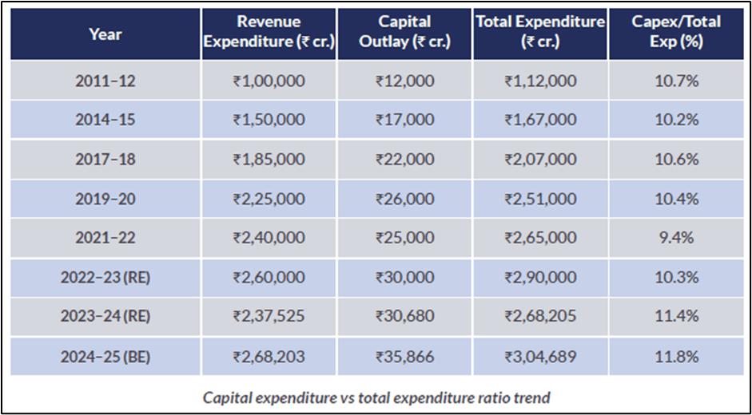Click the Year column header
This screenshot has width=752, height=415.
(105, 34)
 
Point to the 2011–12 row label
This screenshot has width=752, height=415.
(105, 81)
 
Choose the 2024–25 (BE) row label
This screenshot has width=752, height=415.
(105, 357)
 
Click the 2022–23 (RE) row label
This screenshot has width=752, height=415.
(105, 278)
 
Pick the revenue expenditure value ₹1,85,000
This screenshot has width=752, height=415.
(269, 160)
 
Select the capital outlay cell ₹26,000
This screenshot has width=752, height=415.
(404, 199)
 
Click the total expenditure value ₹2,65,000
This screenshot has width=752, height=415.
(540, 238)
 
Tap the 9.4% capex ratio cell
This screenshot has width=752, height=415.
(677, 238)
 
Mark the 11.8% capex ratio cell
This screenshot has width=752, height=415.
(677, 357)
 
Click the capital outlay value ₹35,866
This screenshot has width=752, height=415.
(404, 357)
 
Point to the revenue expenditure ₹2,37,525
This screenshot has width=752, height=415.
(269, 317)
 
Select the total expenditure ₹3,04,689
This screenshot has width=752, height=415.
(540, 357)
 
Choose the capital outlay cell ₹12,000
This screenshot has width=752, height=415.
(404, 81)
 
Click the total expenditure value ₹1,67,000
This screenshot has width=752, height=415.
(540, 120)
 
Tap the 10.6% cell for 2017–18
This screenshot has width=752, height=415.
(677, 160)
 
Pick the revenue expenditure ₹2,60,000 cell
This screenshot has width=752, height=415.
(269, 278)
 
